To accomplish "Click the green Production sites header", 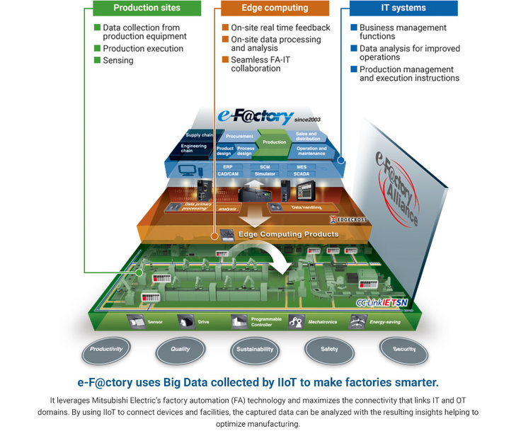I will tap(147, 8).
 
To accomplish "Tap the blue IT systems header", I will tap(403, 8).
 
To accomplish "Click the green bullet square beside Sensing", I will tap(98, 61).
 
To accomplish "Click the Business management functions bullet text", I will tap(402, 32).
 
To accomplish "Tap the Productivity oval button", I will tap(107, 349).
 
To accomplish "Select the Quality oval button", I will tap(180, 349).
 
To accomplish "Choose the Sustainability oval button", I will tap(256, 349).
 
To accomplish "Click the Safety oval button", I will tap(329, 349).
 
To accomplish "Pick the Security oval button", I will tap(404, 349).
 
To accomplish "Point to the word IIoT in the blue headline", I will tap(299, 383).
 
